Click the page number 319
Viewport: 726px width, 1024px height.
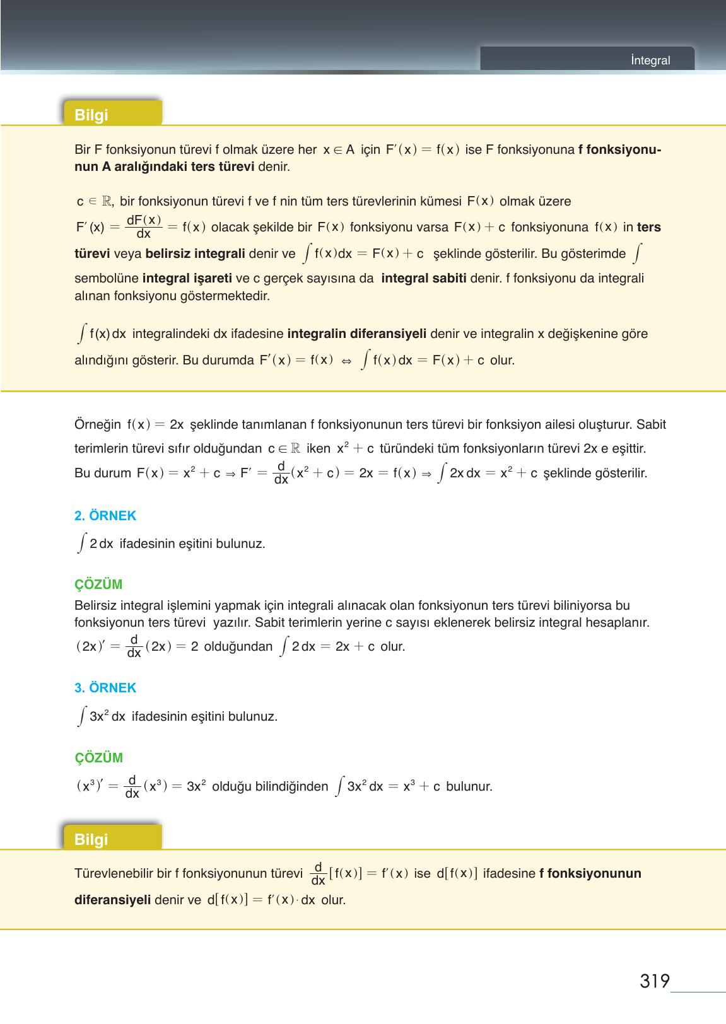coord(654,982)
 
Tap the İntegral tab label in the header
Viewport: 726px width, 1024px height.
coord(650,61)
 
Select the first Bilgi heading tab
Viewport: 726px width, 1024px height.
coord(91,115)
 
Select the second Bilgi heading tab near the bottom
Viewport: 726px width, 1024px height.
coord(91,839)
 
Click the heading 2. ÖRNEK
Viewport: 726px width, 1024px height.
coord(105,516)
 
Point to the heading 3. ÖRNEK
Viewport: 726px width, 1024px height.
coord(105,688)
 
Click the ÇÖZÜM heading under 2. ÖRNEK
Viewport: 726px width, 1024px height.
coord(98,585)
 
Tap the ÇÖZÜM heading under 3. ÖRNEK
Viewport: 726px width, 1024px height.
coord(98,758)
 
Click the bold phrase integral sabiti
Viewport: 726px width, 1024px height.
coord(423,279)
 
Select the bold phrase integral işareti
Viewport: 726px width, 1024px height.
coord(187,279)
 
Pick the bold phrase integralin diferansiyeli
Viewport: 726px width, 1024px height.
coord(357,334)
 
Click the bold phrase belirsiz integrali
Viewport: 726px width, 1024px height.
coord(195,254)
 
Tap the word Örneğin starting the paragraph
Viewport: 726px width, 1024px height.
coord(98,424)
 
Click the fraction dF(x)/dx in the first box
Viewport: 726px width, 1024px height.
coord(144,226)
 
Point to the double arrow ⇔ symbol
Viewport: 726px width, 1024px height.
coord(346,361)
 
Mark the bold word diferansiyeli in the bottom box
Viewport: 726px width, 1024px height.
coord(112,900)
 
